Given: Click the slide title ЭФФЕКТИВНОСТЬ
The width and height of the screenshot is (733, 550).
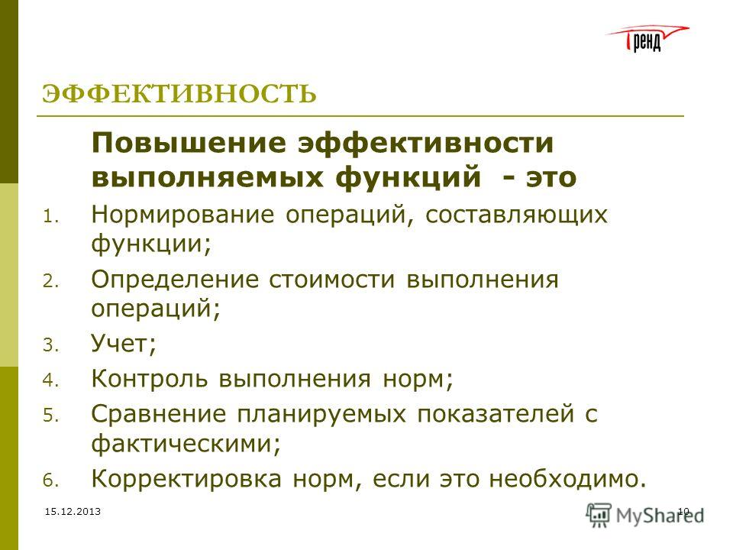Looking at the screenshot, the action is tap(179, 93).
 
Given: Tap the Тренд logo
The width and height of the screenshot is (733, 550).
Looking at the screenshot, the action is tap(647, 38).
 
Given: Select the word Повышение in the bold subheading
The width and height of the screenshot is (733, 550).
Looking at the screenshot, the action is tap(189, 142).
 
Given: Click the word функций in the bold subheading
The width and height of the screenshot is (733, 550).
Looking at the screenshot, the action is tap(408, 178).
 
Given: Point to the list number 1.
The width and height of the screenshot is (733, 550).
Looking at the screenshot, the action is tap(50, 217).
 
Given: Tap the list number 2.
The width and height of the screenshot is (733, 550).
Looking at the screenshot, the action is tap(50, 282).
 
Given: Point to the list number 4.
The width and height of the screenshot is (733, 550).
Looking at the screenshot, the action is tap(50, 380).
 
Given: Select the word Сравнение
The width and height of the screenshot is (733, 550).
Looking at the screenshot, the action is tap(159, 415).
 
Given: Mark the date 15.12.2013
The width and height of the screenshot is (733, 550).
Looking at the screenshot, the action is tap(73, 512).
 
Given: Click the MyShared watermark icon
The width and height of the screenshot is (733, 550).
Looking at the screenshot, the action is tap(599, 516).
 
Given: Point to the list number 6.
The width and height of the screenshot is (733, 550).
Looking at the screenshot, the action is tap(50, 481).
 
